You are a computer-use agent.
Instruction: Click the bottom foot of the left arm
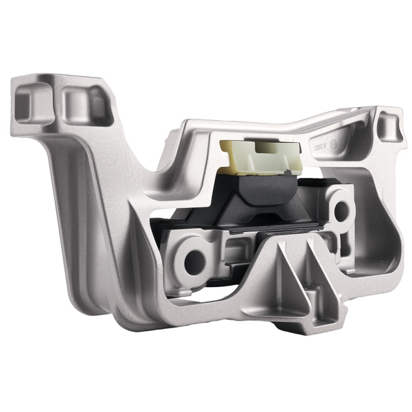click(x=130, y=323)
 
